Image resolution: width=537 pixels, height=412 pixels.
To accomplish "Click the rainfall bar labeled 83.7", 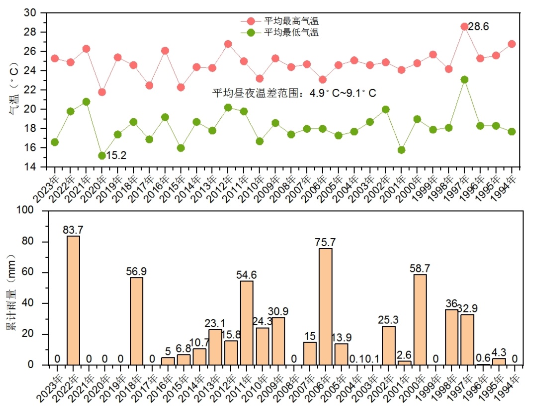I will pos(74,300).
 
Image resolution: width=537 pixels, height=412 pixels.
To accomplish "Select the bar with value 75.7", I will pos(326,306).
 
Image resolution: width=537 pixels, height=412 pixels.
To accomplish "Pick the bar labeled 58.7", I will pos(420,320).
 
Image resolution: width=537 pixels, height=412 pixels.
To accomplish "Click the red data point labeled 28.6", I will pos(464,26).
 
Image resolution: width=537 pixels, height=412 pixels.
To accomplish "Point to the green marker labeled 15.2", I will pos(102,156).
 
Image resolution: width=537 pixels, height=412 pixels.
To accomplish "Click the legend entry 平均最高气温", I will pos(291,21).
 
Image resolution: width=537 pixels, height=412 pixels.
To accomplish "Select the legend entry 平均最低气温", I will pos(291,32).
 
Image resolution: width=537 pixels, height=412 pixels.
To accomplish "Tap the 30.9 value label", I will pos(278,311).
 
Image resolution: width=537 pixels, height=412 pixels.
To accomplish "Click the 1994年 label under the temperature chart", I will pos(506,186).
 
